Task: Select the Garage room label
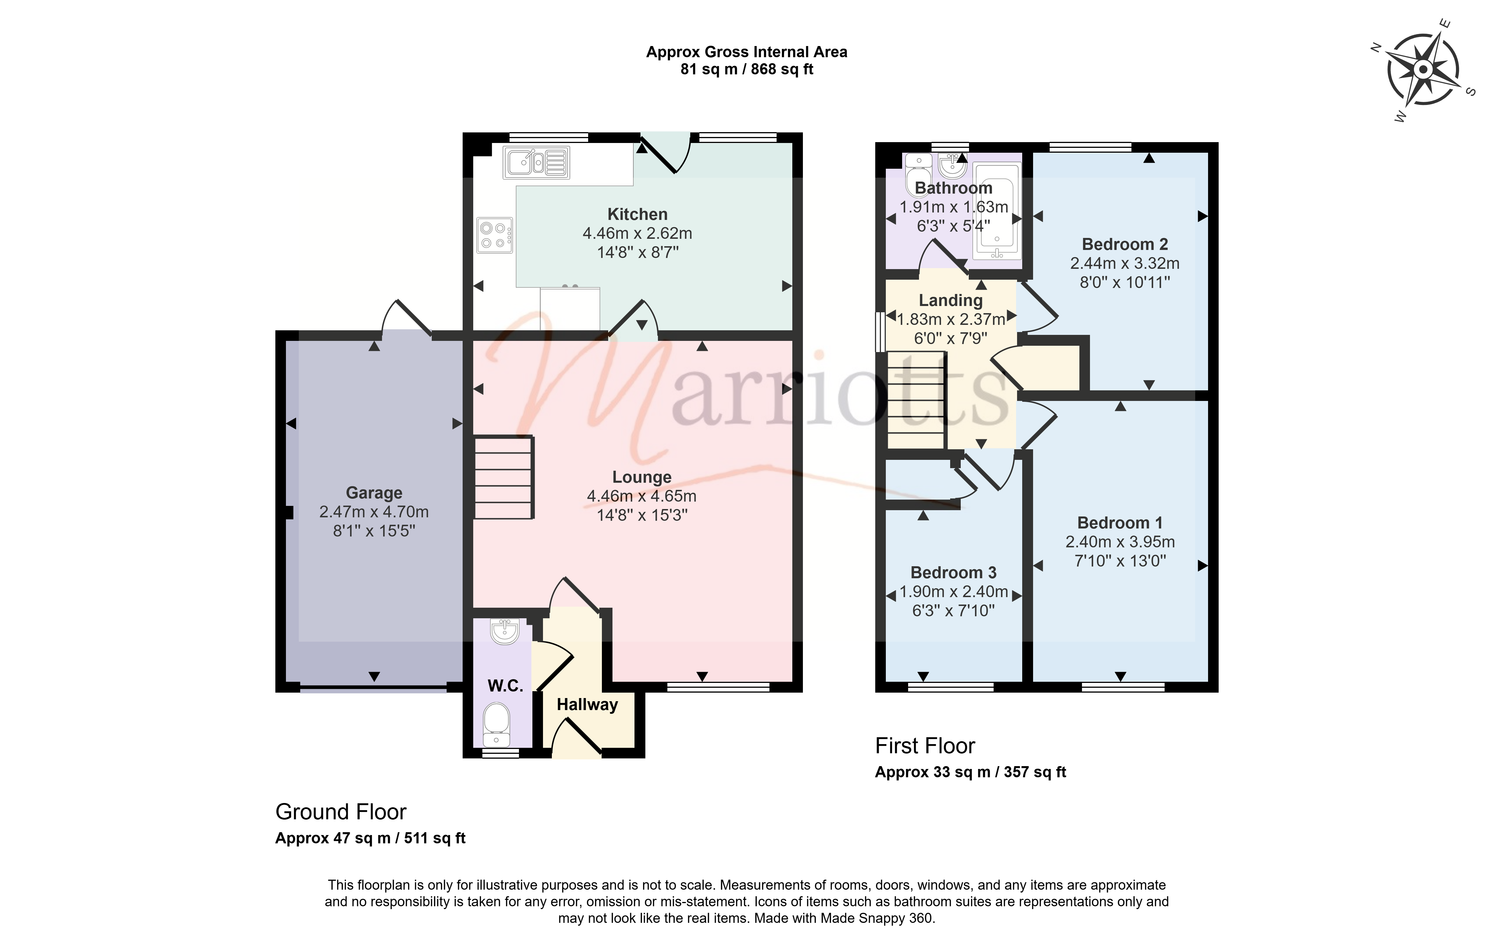pos(374,493)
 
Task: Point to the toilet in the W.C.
pos(496,724)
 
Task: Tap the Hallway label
pos(587,705)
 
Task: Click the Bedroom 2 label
pos(1125,245)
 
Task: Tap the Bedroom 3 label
pos(954,573)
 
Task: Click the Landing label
pos(950,300)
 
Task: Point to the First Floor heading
pos(925,746)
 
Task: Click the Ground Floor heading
pos(341,812)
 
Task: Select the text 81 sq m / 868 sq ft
pos(747,69)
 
